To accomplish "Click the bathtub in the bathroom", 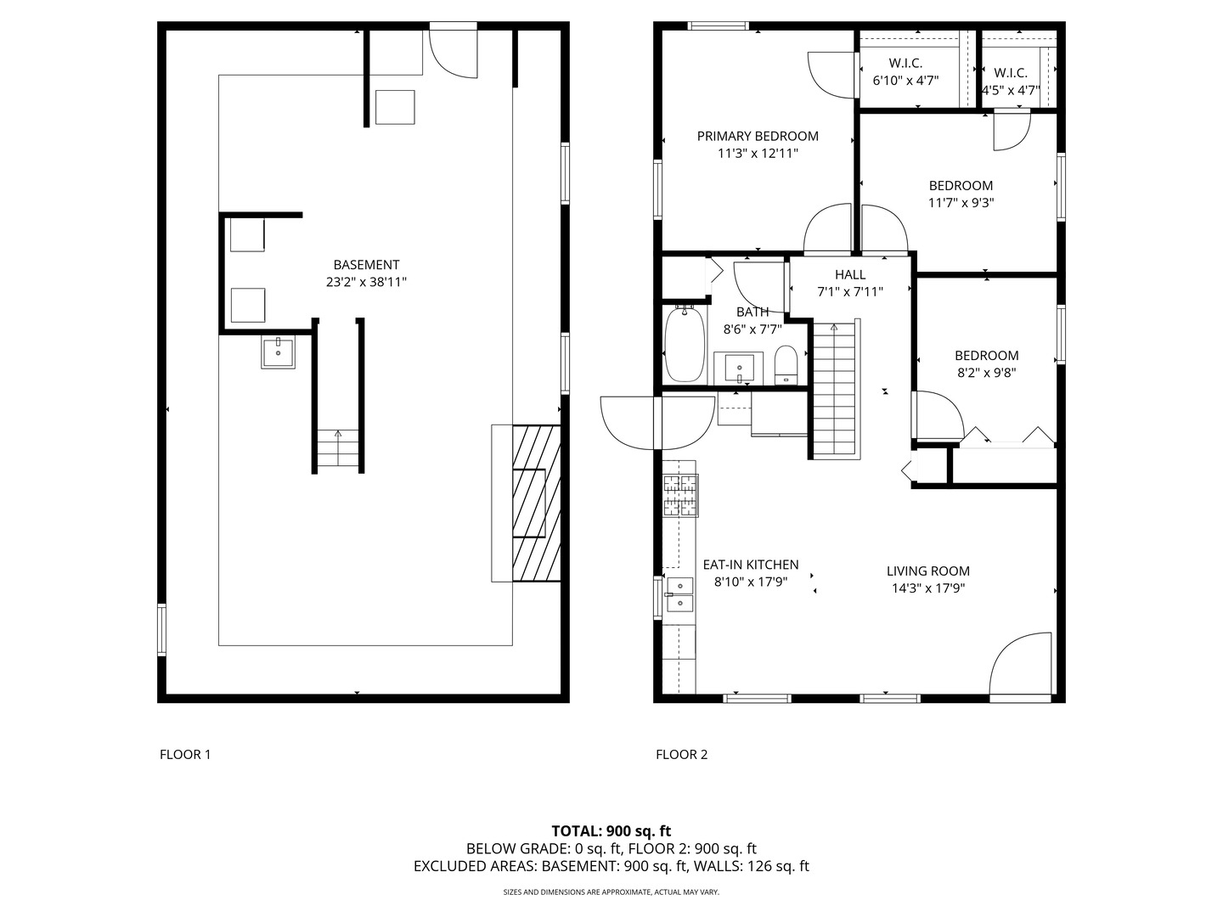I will [x=685, y=344].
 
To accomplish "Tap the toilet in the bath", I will [x=786, y=365].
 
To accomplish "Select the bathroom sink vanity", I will [x=739, y=368].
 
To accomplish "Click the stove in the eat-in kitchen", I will [x=680, y=494].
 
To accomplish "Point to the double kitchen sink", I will [x=679, y=594].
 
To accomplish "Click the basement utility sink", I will [x=278, y=352].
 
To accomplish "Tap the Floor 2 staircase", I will [x=834, y=391].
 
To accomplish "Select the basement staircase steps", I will [x=338, y=448].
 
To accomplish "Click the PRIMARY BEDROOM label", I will [x=758, y=136].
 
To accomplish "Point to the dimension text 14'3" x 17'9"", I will [x=927, y=588].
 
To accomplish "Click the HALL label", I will [x=850, y=274].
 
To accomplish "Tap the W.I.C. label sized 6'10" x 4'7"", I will [x=905, y=63].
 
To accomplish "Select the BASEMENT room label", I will [x=366, y=265].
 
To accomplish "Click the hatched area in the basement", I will [x=537, y=503].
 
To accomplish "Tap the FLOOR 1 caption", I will [x=185, y=754].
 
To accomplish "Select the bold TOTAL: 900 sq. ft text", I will [x=611, y=830].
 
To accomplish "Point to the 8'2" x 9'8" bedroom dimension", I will [x=986, y=372].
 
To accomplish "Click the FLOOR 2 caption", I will [x=681, y=754].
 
